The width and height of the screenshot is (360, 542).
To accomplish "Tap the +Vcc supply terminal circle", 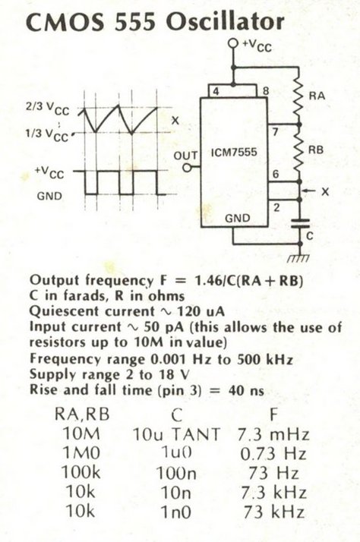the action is pyautogui.click(x=234, y=43).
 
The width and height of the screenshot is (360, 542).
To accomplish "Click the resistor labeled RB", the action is pyautogui.click(x=299, y=153).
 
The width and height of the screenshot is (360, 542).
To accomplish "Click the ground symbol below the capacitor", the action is pyautogui.click(x=298, y=257).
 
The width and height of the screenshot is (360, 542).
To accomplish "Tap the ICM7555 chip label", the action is pyautogui.click(x=234, y=152).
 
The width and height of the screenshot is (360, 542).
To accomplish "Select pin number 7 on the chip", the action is pyautogui.click(x=276, y=131).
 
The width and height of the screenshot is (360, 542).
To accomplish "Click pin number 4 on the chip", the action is pyautogui.click(x=216, y=92).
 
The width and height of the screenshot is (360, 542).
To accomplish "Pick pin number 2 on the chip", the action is pyautogui.click(x=276, y=207).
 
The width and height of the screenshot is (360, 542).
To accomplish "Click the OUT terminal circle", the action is pyautogui.click(x=187, y=168).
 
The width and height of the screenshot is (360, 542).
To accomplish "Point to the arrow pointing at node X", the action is pyautogui.click(x=310, y=191).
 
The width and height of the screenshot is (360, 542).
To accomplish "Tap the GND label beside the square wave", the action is pyautogui.click(x=50, y=196).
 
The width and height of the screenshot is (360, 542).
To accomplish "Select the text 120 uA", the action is pyautogui.click(x=201, y=311).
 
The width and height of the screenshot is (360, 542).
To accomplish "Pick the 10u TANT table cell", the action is pyautogui.click(x=176, y=434).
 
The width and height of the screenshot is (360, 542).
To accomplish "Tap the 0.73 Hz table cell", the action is pyautogui.click(x=273, y=454).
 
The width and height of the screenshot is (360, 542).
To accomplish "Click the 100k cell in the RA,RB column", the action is pyautogui.click(x=81, y=472).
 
